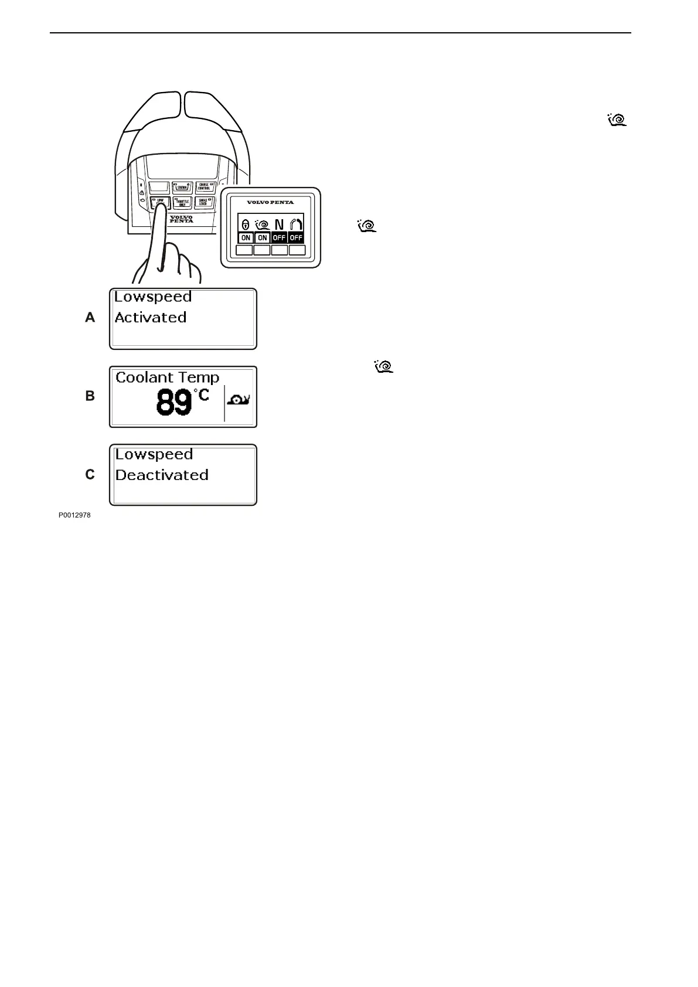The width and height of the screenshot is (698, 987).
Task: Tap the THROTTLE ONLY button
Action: [183, 203]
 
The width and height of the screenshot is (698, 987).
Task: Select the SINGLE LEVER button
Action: [204, 203]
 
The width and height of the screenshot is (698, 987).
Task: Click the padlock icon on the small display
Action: [246, 224]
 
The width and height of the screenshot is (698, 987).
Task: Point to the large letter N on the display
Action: [279, 224]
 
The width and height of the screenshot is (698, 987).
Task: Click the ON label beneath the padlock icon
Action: [246, 238]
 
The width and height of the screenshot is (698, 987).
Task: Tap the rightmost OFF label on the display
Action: [297, 238]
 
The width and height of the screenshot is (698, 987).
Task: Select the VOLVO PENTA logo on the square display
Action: [270, 202]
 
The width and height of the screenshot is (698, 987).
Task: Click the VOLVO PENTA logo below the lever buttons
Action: [181, 219]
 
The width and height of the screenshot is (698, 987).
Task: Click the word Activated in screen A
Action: [151, 318]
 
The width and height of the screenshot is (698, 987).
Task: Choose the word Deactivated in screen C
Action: [162, 475]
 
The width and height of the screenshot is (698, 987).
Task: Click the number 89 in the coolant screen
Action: [174, 403]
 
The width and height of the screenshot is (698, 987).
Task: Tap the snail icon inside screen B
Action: [239, 401]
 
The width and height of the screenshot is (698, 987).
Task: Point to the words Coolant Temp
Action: [168, 377]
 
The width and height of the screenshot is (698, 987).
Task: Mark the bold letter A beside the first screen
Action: [90, 318]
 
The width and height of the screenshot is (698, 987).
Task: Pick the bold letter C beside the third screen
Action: [90, 475]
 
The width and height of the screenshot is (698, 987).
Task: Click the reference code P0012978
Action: [74, 516]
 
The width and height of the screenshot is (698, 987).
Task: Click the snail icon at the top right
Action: [617, 120]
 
